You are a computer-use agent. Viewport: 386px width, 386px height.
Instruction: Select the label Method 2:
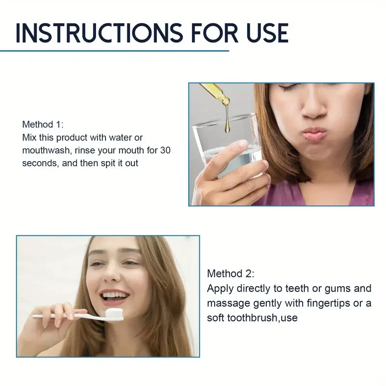[x=230, y=274]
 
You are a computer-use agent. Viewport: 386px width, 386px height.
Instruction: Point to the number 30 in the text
[x=165, y=151]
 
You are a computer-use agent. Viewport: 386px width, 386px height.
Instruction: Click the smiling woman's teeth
[x=112, y=294]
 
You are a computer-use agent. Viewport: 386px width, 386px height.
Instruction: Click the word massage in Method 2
[x=226, y=303]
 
